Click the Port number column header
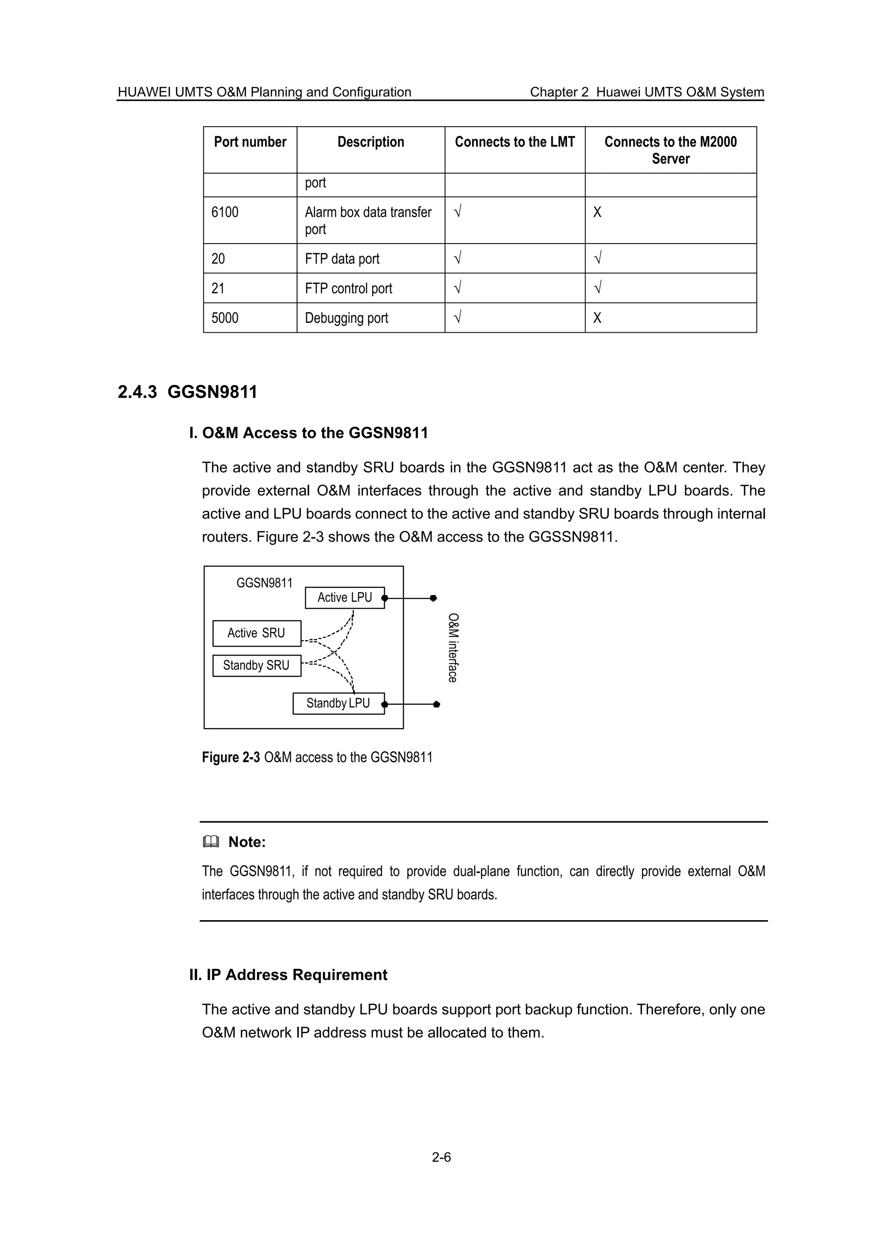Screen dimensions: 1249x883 click(x=250, y=142)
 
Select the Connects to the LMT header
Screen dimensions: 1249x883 click(x=515, y=142)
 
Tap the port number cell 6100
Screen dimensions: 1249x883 click(x=225, y=212)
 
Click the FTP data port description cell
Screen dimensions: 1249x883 click(x=342, y=259)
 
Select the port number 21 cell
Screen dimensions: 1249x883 click(x=218, y=288)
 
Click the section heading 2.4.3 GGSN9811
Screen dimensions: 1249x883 click(x=187, y=392)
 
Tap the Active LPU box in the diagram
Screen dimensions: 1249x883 click(x=344, y=597)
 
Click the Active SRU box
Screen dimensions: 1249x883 click(x=256, y=633)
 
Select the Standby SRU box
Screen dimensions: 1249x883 click(x=256, y=665)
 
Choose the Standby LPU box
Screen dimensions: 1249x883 click(x=338, y=703)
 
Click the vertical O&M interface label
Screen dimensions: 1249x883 click(x=453, y=647)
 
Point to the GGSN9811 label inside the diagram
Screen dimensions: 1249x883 click(x=264, y=583)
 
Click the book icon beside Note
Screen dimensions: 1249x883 click(x=211, y=842)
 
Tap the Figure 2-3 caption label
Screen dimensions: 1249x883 click(x=231, y=757)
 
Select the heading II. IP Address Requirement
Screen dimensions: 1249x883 click(x=288, y=974)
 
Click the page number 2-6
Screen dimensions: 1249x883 click(x=441, y=1157)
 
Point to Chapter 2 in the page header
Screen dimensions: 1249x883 click(x=559, y=92)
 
